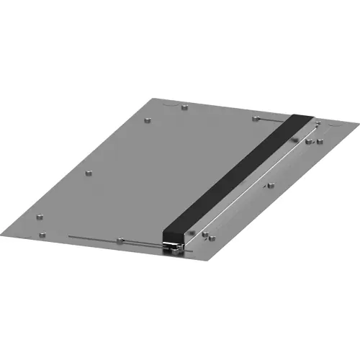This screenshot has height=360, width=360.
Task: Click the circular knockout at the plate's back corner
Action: click(173, 102)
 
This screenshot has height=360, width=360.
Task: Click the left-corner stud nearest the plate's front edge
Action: click(42, 233)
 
